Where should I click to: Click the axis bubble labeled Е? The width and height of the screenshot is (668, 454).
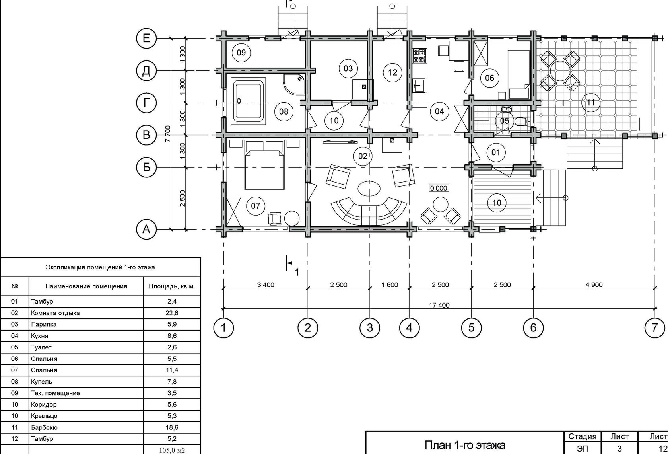click(x=146, y=38)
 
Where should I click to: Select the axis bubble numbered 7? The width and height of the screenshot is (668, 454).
click(x=654, y=328)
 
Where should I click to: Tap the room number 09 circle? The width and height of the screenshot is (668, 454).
click(x=241, y=53)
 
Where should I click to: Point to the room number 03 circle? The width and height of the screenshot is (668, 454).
click(x=348, y=68)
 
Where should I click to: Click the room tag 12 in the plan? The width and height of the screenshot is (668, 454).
click(x=392, y=72)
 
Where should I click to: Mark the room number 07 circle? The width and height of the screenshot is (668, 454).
click(x=255, y=205)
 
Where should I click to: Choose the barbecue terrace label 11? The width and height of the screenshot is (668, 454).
click(x=591, y=103)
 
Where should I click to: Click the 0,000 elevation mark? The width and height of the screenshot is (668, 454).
click(x=439, y=188)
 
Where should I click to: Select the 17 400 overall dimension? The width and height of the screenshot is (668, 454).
click(x=439, y=305)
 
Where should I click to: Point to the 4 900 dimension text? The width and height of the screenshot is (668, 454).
click(x=594, y=284)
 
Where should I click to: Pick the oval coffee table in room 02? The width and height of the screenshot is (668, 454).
click(x=369, y=188)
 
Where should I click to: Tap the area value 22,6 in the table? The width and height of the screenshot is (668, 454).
click(x=172, y=313)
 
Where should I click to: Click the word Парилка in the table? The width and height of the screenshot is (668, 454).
click(x=44, y=324)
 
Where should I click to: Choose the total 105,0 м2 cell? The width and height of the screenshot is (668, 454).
click(x=172, y=450)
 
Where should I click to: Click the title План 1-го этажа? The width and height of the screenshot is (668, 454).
click(x=465, y=444)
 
